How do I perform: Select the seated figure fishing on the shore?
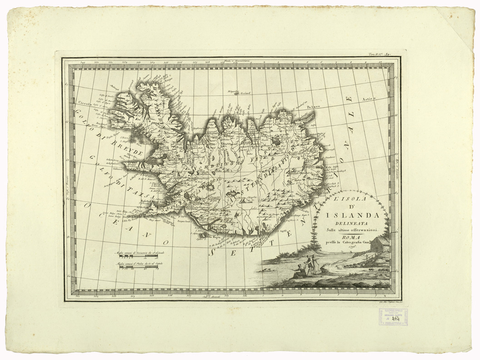point(298,271)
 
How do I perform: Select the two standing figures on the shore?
point(310,265)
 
